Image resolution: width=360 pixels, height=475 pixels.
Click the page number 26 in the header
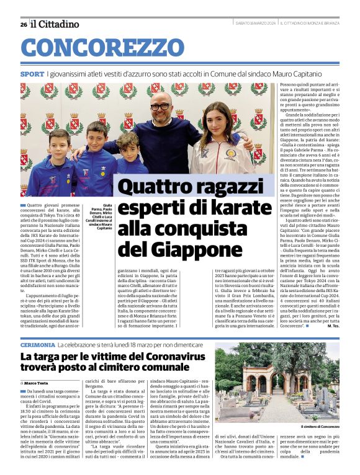pyautogui.click(x=23, y=24)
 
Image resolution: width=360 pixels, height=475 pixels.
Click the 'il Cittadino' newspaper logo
pyautogui.click(x=55, y=24)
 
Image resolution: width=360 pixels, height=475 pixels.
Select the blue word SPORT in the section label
pyautogui.click(x=32, y=74)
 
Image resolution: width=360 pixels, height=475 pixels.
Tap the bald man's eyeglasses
pyautogui.click(x=160, y=107)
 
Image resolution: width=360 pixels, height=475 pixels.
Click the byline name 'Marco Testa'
pyautogui.click(x=40, y=383)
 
